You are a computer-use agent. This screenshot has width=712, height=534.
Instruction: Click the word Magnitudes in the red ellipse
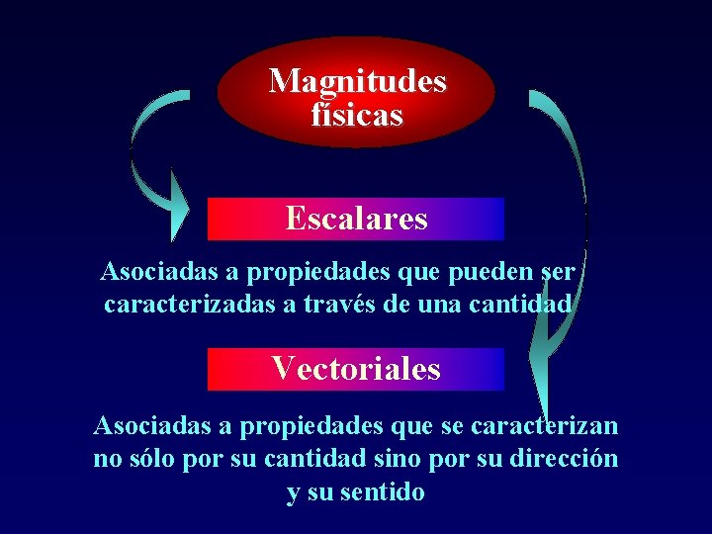click(x=357, y=80)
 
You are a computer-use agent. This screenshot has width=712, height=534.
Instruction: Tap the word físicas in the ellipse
click(x=357, y=116)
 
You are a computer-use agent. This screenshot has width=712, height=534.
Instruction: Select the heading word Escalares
click(x=356, y=218)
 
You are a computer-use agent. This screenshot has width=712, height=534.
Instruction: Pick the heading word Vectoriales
click(x=356, y=369)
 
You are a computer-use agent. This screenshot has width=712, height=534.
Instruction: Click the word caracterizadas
click(x=189, y=305)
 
